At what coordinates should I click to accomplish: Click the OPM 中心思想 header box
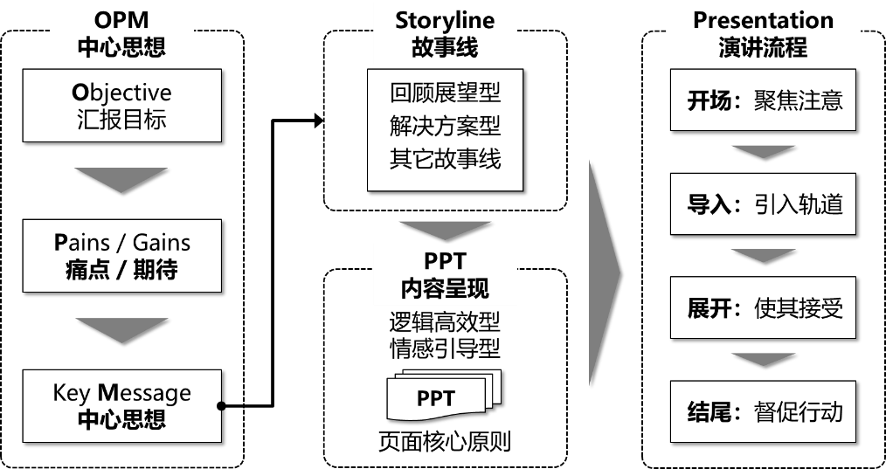(x=121, y=33)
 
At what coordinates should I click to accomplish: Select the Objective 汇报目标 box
(x=121, y=106)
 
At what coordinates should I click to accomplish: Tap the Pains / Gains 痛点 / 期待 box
(x=121, y=255)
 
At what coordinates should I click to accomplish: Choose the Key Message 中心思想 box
(x=121, y=405)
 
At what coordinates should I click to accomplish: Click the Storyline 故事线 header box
(x=445, y=33)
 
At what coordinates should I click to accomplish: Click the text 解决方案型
(x=445, y=127)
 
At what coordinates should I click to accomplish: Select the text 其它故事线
(x=445, y=160)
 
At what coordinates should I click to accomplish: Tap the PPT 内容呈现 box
(x=445, y=275)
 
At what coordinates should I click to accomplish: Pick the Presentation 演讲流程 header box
(x=763, y=33)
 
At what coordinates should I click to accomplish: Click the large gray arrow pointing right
(x=603, y=271)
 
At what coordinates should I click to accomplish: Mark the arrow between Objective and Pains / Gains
(x=121, y=178)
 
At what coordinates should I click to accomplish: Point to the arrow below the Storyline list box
(x=445, y=230)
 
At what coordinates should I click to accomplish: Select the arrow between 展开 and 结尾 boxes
(x=763, y=359)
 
